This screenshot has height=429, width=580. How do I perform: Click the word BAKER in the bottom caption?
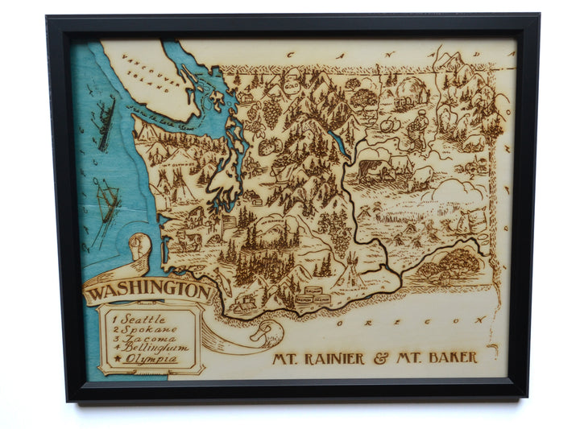[448, 357]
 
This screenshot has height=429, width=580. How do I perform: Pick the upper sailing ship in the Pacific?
[106, 122]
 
